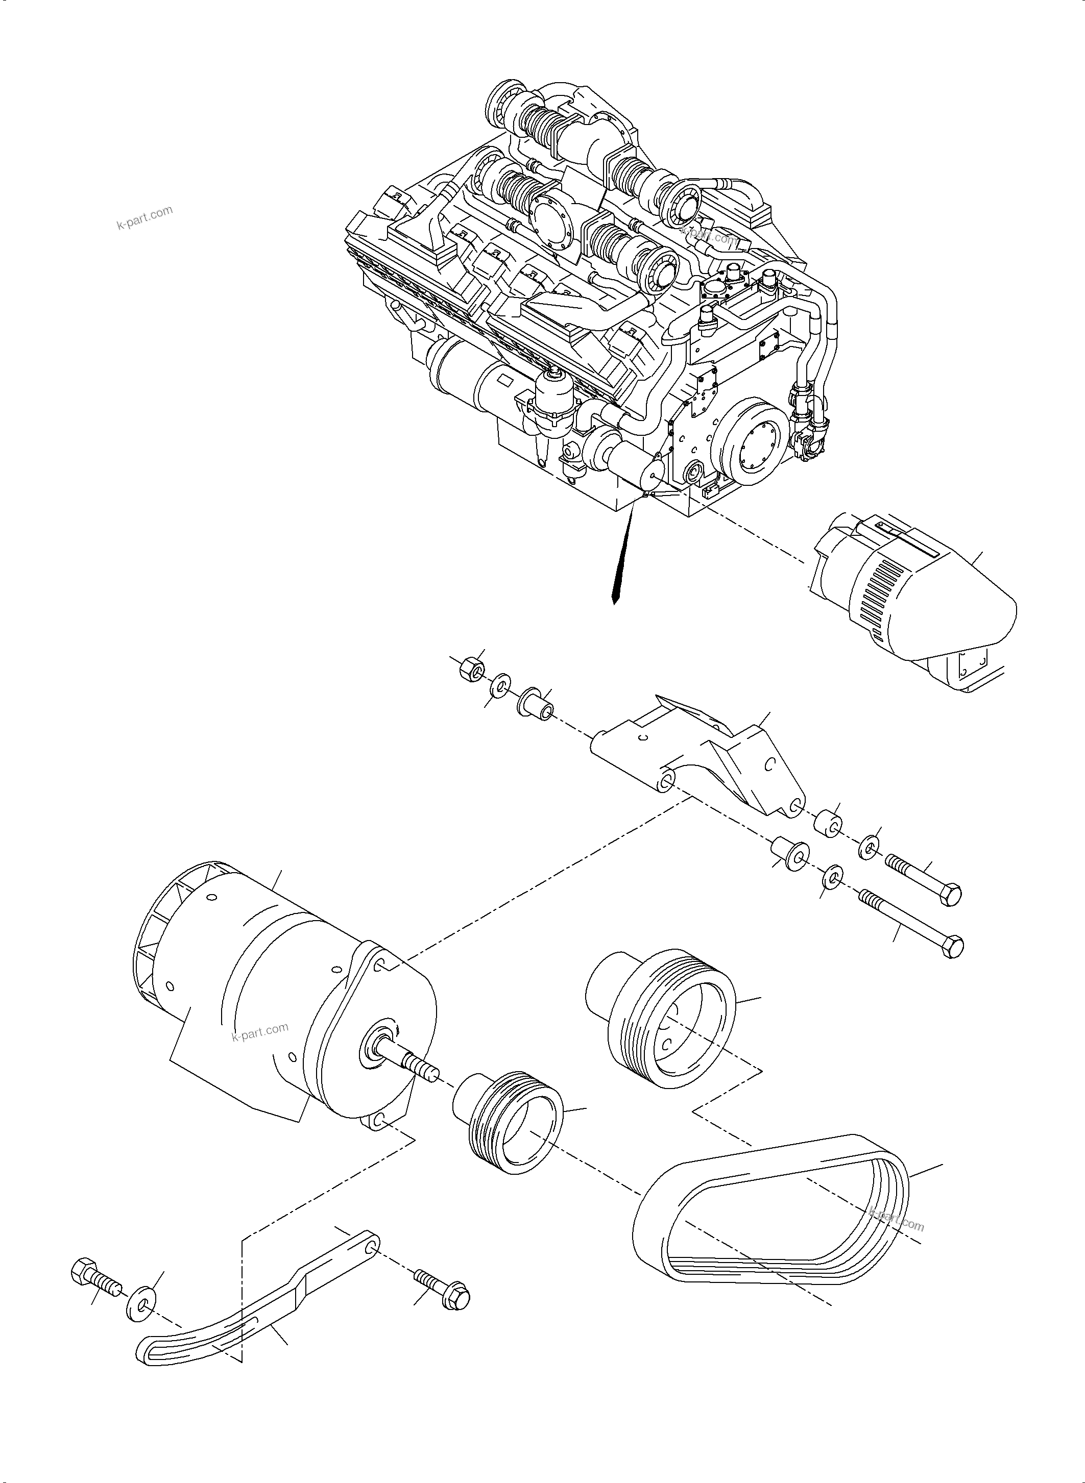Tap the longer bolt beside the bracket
pyautogui.click(x=913, y=924)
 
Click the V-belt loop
pyautogui.click(x=775, y=1215)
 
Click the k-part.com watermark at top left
pyautogui.click(x=144, y=218)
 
